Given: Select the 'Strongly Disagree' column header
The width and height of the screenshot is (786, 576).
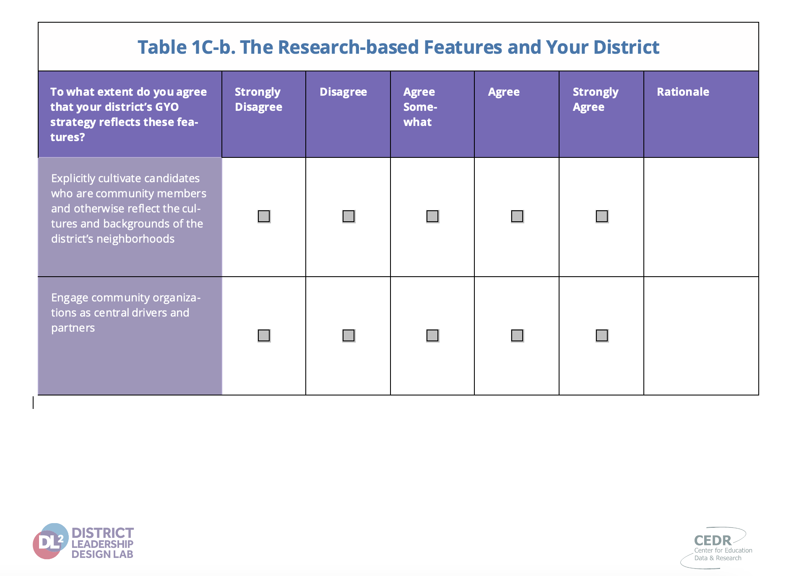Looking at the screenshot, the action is tap(258, 99).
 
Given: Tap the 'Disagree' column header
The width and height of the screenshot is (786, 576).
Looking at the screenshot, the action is tap(343, 92).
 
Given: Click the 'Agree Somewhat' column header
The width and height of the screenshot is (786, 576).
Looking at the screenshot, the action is tap(420, 107).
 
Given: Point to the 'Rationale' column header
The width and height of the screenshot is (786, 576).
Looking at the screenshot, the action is tap(683, 92).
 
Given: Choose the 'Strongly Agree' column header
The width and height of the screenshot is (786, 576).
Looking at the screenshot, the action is tap(596, 99).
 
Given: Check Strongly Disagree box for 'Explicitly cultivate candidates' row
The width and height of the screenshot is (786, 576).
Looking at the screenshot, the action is tap(264, 216).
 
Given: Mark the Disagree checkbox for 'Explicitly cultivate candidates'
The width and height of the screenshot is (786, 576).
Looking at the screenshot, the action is tap(349, 216).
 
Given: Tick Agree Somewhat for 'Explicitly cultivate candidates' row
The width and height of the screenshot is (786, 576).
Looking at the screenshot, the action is tap(432, 216).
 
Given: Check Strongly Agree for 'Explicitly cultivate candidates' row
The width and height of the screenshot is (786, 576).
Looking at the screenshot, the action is tap(602, 216).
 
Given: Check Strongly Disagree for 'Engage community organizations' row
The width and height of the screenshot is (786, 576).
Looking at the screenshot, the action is tap(264, 335).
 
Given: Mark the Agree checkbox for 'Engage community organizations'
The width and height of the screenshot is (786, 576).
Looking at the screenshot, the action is tap(517, 335).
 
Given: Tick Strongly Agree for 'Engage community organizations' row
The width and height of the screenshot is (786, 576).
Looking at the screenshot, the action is tap(602, 335).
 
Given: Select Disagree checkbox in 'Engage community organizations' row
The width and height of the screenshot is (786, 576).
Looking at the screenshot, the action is tap(349, 335).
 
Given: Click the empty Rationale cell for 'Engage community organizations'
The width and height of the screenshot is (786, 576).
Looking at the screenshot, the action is tap(701, 336).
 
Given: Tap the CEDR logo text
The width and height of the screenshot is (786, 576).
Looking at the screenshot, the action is tap(713, 540).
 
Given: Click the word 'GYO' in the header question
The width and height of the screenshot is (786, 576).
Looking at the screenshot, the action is tap(167, 107).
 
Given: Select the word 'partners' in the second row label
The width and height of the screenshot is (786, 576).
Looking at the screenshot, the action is tap(73, 328).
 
